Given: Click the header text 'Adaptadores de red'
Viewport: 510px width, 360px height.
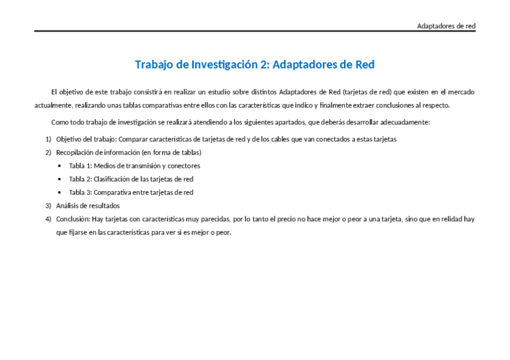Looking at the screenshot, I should click(446, 26).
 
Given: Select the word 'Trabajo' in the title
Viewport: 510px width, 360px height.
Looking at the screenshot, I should click(154, 64).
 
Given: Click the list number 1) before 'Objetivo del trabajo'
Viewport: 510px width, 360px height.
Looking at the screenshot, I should click(48, 139).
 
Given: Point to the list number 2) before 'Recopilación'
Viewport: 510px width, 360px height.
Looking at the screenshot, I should click(48, 152).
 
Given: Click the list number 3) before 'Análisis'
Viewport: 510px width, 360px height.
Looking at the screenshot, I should click(48, 206).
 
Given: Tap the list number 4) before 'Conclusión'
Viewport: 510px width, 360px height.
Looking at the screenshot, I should click(48, 219).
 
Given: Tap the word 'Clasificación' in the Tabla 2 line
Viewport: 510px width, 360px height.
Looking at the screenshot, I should click(111, 179).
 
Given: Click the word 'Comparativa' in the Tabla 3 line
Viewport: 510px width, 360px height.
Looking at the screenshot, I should click(112, 192).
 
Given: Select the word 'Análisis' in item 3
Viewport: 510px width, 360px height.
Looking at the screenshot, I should click(67, 206).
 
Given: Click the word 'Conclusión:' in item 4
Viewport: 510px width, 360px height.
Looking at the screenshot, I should click(73, 219).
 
